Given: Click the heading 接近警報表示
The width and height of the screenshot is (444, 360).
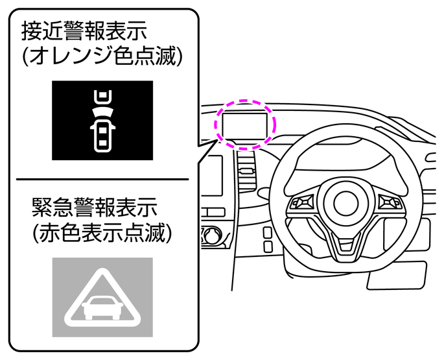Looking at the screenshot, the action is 84,30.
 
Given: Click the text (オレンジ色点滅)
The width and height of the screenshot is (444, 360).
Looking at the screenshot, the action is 102,56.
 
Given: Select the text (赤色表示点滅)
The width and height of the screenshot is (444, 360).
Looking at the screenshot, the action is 102,232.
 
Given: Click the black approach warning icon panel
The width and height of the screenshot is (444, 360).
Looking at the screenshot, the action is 102,121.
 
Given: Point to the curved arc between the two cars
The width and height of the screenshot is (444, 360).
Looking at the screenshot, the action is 102,112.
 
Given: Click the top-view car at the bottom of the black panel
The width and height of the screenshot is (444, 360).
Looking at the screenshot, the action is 102,136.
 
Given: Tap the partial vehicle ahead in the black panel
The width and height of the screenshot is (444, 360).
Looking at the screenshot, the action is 102,97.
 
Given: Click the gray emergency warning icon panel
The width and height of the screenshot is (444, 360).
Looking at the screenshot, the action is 102,297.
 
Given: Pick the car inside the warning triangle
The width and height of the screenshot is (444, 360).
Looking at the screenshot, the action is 102,307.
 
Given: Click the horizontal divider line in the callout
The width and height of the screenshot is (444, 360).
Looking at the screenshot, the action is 102,179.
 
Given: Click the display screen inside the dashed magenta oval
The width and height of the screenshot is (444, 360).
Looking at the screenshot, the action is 244,126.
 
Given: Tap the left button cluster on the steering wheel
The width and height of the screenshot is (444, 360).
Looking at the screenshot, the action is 302,202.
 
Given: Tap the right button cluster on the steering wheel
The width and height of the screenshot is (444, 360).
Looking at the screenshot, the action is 390,202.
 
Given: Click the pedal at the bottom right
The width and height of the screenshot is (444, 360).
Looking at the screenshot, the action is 397,276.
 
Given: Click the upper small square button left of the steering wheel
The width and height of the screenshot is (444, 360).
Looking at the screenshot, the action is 268,233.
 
